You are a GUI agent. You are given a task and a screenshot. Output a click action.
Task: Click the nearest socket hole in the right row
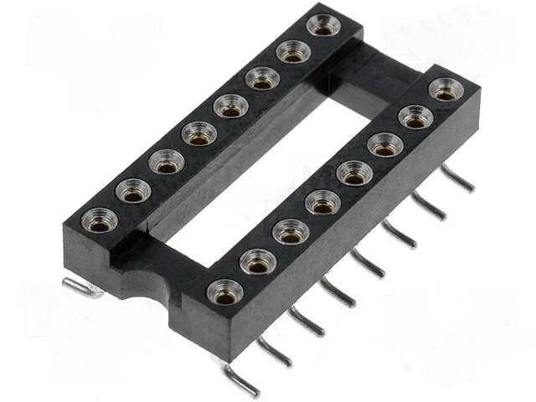point(225,293)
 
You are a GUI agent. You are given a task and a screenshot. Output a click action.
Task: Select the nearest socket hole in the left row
point(100,222)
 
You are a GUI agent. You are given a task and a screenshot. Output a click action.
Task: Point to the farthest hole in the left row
point(323,24)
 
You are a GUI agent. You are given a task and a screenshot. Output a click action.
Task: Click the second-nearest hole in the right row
point(258,263)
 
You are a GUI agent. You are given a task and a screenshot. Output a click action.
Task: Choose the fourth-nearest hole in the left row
point(198,134)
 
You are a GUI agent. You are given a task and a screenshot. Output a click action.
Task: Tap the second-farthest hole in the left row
point(293,52)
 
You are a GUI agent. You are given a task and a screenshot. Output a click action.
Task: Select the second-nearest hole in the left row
point(132,193)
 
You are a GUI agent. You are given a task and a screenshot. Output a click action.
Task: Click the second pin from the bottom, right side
point(275,351)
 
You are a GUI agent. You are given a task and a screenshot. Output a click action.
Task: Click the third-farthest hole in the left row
point(263,79)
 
